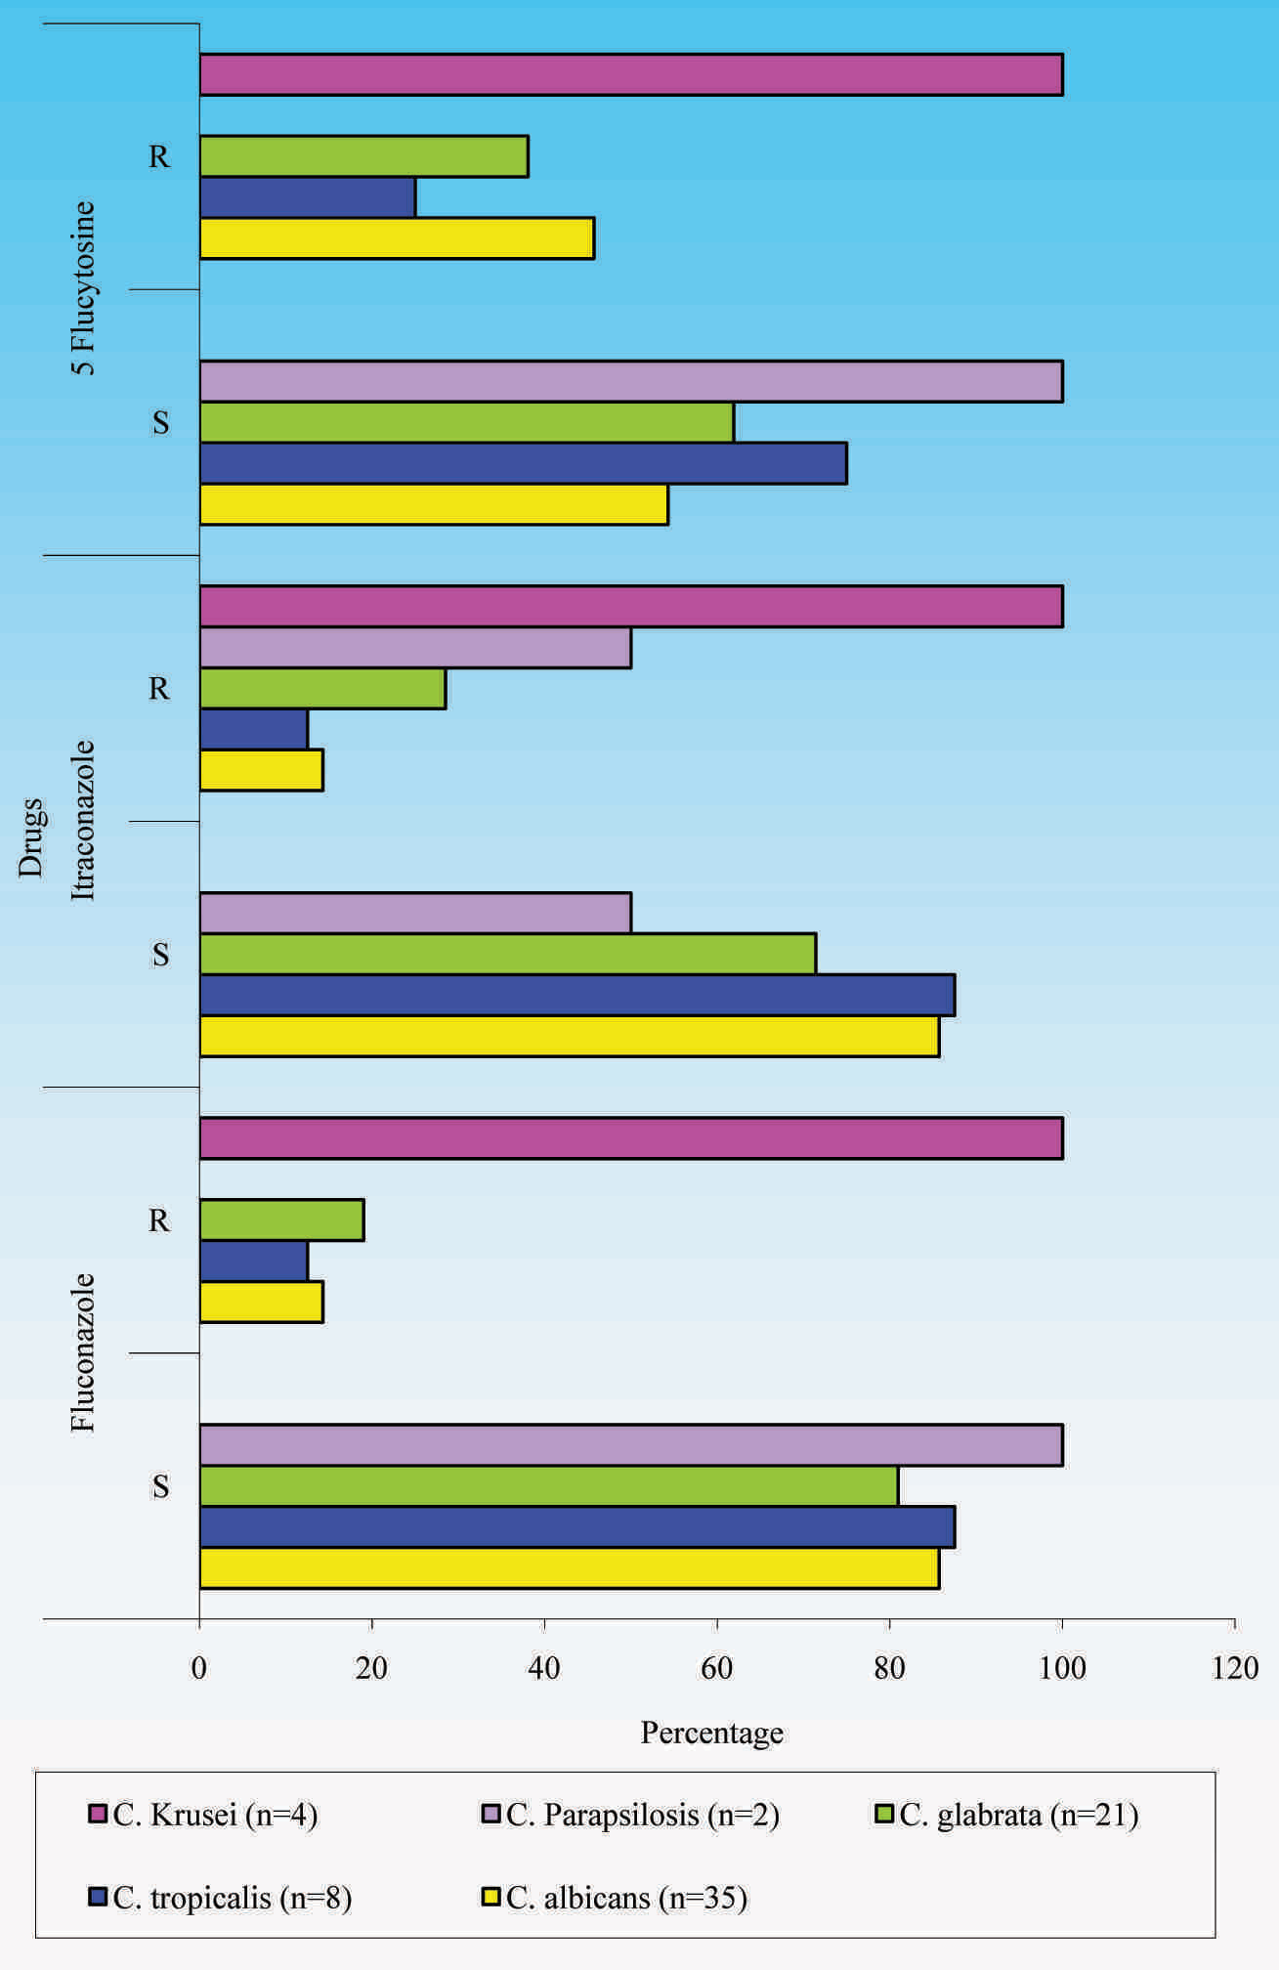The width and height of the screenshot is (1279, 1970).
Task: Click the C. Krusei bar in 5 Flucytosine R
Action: pyautogui.click(x=630, y=75)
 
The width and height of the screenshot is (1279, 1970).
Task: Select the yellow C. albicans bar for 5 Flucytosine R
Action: pyautogui.click(x=397, y=239)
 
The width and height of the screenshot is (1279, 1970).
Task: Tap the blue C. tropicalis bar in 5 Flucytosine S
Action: pyautogui.click(x=523, y=463)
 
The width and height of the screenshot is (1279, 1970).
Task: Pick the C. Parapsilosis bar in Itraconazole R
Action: pyautogui.click(x=415, y=648)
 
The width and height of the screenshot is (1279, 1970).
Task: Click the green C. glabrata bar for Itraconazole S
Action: pyautogui.click(x=507, y=955)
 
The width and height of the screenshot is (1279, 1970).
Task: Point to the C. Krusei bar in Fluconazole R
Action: pyautogui.click(x=630, y=1138)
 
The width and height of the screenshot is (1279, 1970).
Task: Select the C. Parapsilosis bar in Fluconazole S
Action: pyautogui.click(x=630, y=1445)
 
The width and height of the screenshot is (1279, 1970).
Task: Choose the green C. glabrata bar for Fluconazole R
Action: pyautogui.click(x=281, y=1221)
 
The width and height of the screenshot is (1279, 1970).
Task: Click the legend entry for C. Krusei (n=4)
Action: pyautogui.click(x=202, y=1816)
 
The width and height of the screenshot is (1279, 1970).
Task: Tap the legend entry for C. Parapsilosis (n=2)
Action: pyautogui.click(x=630, y=1816)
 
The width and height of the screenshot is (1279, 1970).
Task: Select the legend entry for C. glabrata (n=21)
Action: pyautogui.click(x=1006, y=1816)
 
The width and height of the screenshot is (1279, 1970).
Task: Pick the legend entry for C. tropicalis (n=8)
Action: pyautogui.click(x=220, y=1898)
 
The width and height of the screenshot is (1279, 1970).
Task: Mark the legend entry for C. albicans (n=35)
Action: pyautogui.click(x=616, y=1898)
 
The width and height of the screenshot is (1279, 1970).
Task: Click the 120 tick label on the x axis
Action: pyautogui.click(x=1235, y=1668)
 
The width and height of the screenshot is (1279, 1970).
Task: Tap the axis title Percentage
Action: pyautogui.click(x=711, y=1733)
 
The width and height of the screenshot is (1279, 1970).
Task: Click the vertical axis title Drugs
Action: pyautogui.click(x=31, y=838)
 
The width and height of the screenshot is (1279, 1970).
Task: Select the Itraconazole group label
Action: pyautogui.click(x=84, y=820)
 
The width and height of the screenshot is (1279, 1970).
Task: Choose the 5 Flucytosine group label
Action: pyautogui.click(x=84, y=288)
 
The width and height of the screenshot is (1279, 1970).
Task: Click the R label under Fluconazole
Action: pyautogui.click(x=159, y=1221)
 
